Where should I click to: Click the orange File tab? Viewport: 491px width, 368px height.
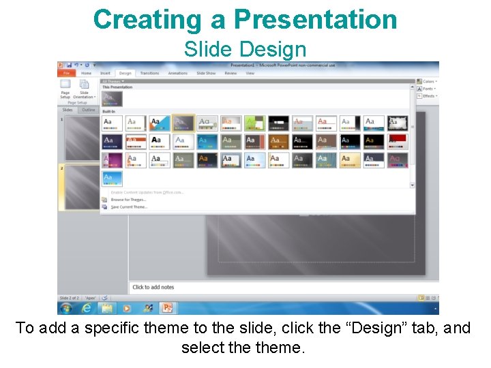point(66,73)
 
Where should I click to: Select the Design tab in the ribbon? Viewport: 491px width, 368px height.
point(125,73)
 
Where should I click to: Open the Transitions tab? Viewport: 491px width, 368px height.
point(149,73)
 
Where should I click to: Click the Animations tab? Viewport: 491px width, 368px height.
point(178,73)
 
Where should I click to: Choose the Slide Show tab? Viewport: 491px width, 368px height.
point(206,73)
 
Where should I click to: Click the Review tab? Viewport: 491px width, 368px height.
point(230,73)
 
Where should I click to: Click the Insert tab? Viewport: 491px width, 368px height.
point(105,73)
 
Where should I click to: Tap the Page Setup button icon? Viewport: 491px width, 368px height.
point(65,85)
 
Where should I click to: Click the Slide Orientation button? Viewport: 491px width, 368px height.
point(85,85)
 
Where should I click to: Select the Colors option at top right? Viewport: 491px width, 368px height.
point(428,81)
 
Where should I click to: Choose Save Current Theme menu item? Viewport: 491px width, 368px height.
point(129,207)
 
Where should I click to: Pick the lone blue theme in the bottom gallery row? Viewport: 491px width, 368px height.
point(112,178)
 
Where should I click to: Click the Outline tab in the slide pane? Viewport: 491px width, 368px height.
point(89,110)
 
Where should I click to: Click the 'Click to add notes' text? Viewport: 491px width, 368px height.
point(153,287)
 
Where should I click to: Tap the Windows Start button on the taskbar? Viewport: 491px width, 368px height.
point(67,308)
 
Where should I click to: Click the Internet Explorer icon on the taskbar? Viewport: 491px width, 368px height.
point(87,308)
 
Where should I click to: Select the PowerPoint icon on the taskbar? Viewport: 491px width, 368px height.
point(167,308)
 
